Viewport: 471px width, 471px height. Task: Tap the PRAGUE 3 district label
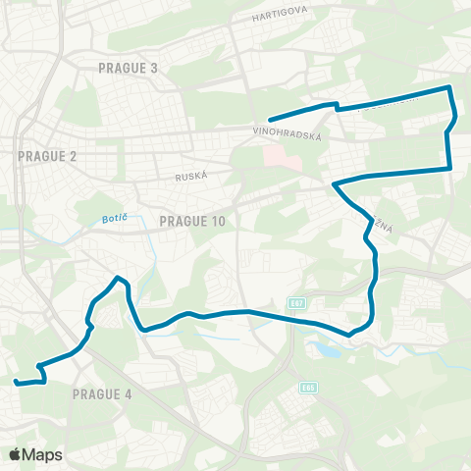pos(128,67)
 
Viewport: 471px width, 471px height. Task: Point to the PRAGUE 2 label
pos(47,156)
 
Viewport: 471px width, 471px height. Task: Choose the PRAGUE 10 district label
pos(192,222)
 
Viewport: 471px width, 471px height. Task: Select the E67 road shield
pos(297,301)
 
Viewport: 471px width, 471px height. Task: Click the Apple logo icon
pos(16,454)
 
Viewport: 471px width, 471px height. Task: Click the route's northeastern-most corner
pos(449,88)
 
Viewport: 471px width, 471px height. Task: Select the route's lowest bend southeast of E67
pos(350,334)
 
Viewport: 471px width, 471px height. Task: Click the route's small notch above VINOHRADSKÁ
pos(336,104)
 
